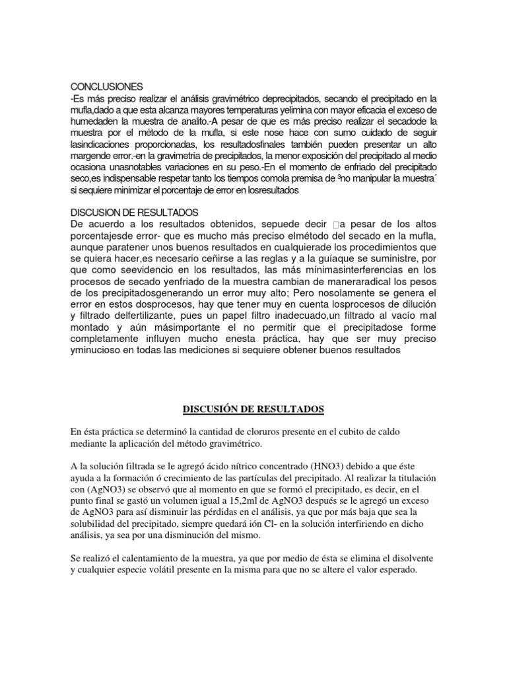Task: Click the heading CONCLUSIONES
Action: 106,86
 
